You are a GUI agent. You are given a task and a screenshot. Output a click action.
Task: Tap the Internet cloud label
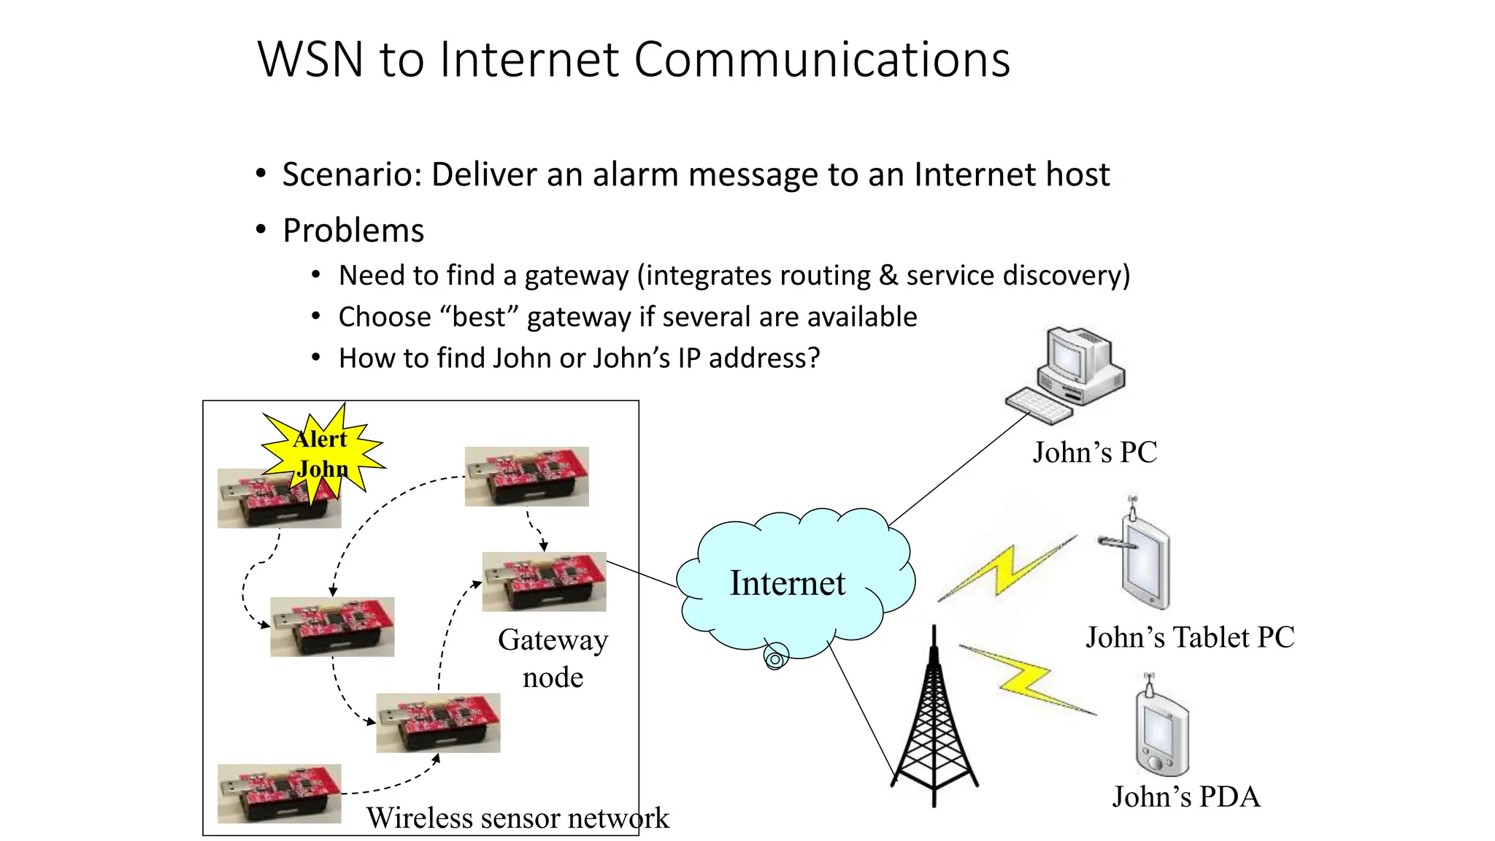(x=788, y=583)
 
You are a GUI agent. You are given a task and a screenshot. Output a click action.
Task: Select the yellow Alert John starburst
(x=322, y=453)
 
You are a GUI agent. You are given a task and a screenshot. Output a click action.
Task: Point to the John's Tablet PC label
(x=1190, y=637)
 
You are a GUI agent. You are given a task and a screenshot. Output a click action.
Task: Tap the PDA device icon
(x=1161, y=730)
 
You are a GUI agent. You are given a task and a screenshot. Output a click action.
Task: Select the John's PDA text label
(x=1185, y=796)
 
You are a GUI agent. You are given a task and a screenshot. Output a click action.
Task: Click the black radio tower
(x=934, y=723)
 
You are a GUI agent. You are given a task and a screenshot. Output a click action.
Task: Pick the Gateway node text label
(x=553, y=658)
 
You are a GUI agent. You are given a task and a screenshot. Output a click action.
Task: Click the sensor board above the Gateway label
(x=545, y=581)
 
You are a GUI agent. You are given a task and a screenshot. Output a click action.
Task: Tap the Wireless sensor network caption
(x=517, y=818)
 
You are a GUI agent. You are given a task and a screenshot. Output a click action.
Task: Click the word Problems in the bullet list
(x=353, y=231)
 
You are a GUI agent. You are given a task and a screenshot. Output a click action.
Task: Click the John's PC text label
(x=1094, y=453)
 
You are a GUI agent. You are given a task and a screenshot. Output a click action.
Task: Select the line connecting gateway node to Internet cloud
(x=642, y=575)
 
